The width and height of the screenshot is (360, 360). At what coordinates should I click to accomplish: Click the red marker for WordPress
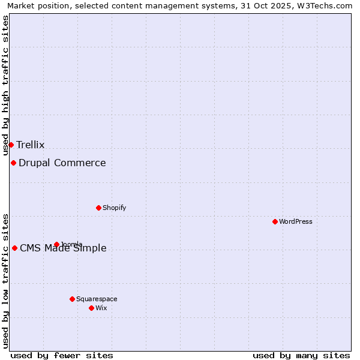click(275, 221)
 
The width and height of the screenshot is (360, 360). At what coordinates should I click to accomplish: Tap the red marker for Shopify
click(98, 208)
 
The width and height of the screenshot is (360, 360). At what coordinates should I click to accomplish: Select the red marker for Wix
click(91, 308)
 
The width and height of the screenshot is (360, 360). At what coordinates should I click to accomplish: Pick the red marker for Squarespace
click(72, 299)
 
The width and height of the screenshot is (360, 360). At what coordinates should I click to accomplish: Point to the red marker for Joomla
click(56, 244)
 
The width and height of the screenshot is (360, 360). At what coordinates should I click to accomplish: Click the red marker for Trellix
click(11, 145)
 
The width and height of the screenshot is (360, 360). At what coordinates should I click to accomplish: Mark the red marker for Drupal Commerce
click(13, 163)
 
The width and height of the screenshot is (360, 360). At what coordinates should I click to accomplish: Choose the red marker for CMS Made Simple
click(14, 248)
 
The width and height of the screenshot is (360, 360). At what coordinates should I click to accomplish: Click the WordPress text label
click(296, 221)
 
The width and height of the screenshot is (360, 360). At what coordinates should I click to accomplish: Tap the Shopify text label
click(114, 208)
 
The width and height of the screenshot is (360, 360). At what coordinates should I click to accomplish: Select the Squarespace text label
click(97, 299)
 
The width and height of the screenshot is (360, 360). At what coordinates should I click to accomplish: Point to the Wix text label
click(101, 308)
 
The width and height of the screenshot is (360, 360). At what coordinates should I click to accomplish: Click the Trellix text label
click(31, 145)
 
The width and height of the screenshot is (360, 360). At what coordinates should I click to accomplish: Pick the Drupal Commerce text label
click(62, 163)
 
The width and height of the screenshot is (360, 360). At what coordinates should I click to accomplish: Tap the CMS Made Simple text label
click(64, 248)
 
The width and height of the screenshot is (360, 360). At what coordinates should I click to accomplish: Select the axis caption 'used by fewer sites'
click(62, 355)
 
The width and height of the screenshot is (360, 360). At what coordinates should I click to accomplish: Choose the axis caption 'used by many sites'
click(301, 355)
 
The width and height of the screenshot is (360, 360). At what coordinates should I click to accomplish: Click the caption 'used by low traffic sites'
click(6, 281)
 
